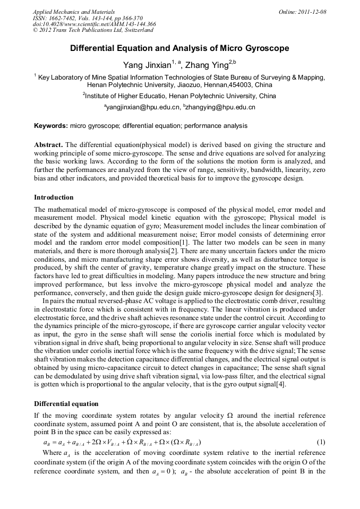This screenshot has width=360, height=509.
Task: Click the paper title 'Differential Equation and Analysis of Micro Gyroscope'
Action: tap(179, 48)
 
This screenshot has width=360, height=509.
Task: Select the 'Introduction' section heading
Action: tap(54, 197)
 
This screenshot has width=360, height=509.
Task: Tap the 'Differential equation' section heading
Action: tap(66, 404)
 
